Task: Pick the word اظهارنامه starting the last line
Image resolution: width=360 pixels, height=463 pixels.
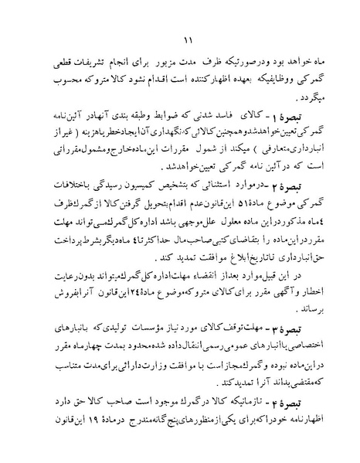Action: [x=304, y=426]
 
